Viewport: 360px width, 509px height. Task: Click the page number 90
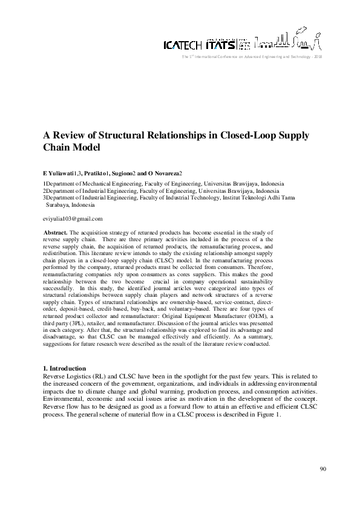pyautogui.click(x=323, y=468)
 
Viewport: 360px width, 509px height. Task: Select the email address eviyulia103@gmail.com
pyautogui.click(x=73, y=218)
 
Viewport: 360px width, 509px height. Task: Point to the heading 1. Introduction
pyautogui.click(x=65, y=368)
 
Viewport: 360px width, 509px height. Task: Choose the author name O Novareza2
pyautogui.click(x=171, y=173)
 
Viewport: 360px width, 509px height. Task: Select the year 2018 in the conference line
pyautogui.click(x=319, y=56)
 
